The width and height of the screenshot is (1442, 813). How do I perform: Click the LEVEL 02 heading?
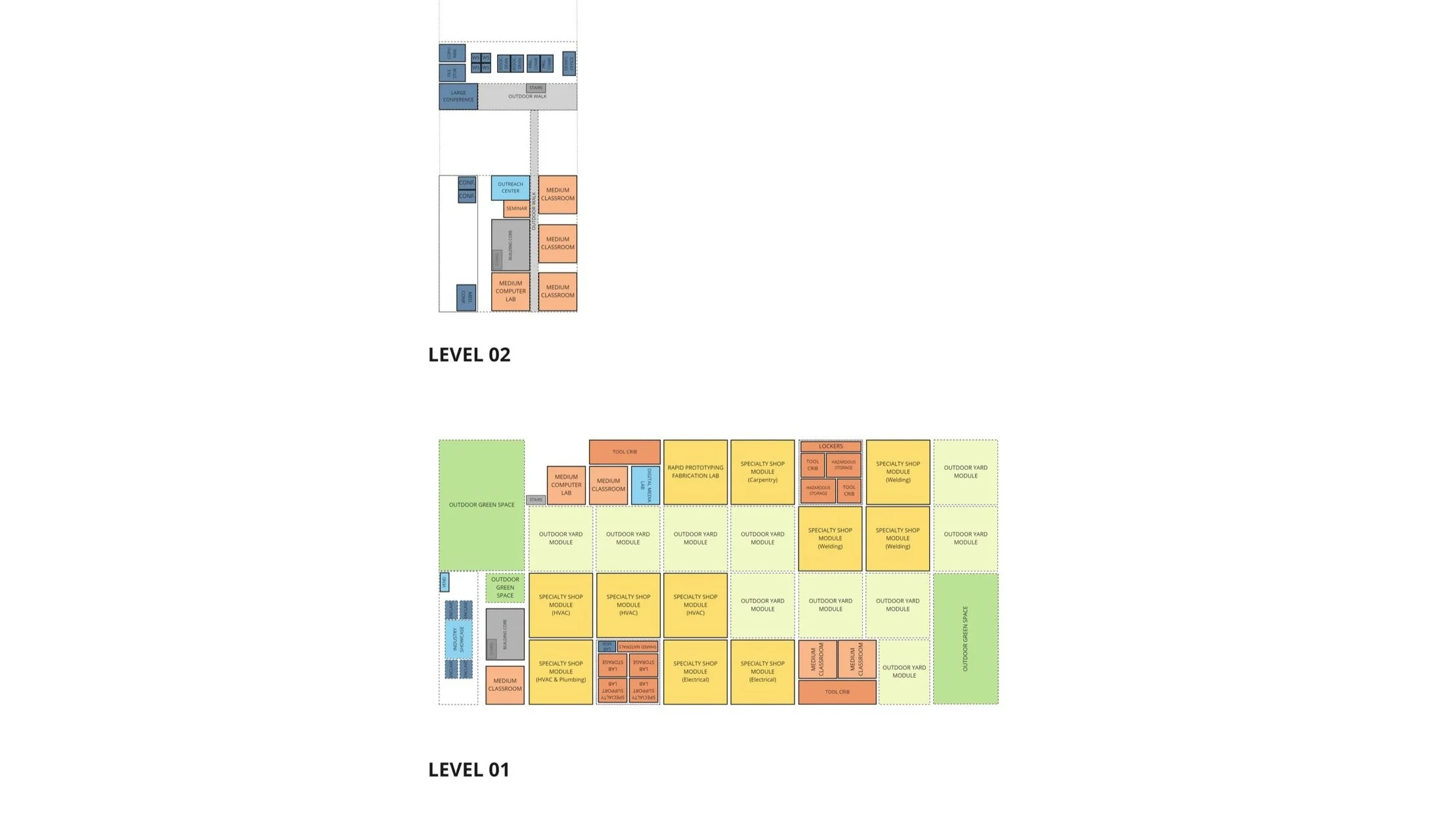(x=469, y=355)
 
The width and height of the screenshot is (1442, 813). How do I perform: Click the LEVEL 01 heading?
(x=469, y=770)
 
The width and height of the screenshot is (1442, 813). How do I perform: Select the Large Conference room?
(x=458, y=96)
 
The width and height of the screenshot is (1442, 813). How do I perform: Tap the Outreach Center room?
(x=510, y=188)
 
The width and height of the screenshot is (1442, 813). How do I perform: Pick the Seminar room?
(x=516, y=209)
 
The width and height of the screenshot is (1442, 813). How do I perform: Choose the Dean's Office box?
(x=569, y=63)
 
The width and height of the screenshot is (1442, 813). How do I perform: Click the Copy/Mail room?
(x=452, y=52)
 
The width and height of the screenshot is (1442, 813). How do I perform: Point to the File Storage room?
(x=452, y=73)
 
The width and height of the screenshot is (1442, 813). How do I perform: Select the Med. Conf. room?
(x=466, y=298)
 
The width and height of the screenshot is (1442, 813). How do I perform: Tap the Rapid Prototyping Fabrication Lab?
(x=695, y=472)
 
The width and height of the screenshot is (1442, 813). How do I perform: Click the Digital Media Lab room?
(x=645, y=486)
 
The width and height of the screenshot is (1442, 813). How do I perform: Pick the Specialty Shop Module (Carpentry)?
(x=762, y=472)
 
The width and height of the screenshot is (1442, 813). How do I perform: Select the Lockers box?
(x=831, y=446)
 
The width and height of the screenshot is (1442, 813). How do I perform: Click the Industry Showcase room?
(x=458, y=639)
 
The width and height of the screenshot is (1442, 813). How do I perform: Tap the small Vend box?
(x=445, y=581)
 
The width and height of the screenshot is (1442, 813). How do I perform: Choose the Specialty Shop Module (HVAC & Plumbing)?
(x=561, y=672)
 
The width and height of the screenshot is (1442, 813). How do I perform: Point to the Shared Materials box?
(x=638, y=646)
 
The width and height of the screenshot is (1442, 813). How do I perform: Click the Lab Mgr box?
(x=607, y=646)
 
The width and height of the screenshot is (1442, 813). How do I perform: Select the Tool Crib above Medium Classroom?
(x=624, y=452)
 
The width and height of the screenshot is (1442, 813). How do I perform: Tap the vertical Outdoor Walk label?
(x=534, y=210)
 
